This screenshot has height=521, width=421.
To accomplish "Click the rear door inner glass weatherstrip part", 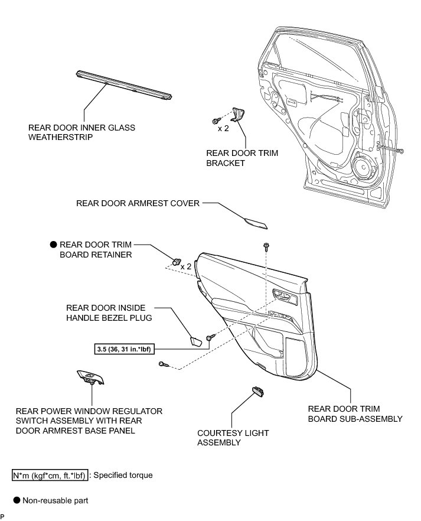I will pos(123,85).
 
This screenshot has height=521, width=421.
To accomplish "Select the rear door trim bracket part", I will pos(239,115).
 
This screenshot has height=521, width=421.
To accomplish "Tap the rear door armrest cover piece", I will pos(255,222).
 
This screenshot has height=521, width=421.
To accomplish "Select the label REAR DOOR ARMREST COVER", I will pos(138,203).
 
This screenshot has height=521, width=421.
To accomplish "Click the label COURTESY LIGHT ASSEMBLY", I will pos(233,437).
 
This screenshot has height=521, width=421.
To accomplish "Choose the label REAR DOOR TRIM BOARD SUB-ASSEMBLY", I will pos(355,413).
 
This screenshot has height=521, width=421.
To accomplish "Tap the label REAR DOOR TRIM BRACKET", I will pos(241,158).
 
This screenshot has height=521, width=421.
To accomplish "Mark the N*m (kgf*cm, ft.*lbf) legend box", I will pos(50,474).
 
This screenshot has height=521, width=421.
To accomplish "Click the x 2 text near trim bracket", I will pos(223,128).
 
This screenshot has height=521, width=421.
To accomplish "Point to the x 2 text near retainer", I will pos(187,266).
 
